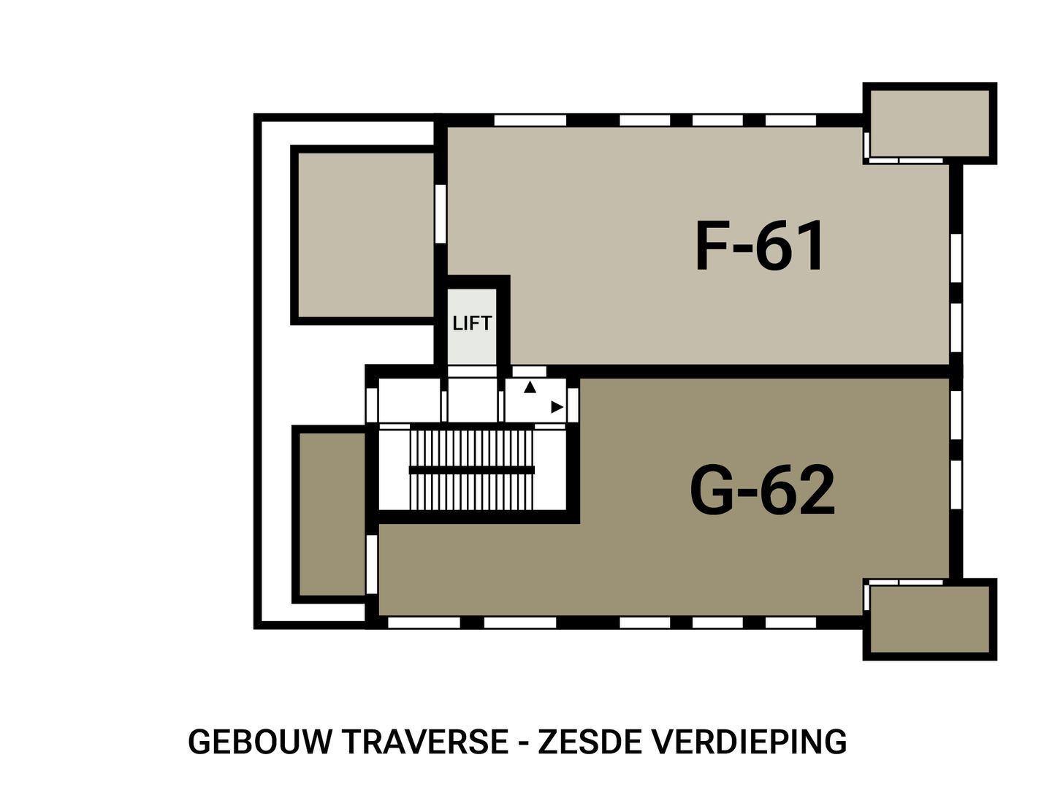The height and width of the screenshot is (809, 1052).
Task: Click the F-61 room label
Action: [760, 246]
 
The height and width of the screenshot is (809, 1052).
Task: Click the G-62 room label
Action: [762, 491]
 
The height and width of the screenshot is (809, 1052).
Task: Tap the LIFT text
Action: [472, 323]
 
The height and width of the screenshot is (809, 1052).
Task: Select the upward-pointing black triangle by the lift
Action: [530, 388]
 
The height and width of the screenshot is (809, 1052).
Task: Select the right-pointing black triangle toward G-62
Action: [557, 407]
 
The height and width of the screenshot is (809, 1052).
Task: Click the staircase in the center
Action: [471, 470]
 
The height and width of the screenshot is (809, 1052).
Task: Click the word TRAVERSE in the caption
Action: [425, 742]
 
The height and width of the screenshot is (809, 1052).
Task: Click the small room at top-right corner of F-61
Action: [931, 122]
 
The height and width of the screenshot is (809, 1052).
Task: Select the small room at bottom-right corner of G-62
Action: [931, 619]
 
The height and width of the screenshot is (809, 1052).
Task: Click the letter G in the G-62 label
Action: [717, 491]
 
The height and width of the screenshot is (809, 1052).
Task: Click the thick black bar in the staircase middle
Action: [471, 470]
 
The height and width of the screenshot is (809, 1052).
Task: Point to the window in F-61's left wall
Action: [440, 213]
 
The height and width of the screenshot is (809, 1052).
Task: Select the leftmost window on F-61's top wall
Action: [530, 120]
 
